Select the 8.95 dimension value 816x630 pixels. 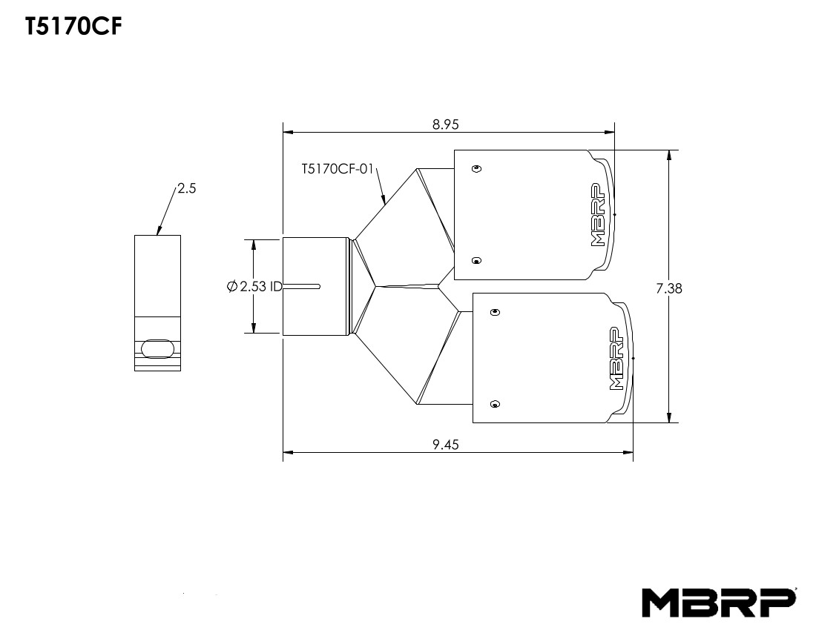coord(446,125)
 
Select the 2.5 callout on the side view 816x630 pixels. coord(187,189)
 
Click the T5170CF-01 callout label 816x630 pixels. coord(336,170)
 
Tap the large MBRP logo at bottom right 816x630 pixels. coord(719,602)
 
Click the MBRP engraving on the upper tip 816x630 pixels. coord(599,214)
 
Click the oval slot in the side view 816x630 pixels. coord(157,348)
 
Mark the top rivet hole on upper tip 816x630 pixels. coord(477,168)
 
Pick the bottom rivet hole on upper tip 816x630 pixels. coord(477,260)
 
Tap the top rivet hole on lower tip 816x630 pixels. coord(496,312)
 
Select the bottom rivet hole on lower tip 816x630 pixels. coord(496,404)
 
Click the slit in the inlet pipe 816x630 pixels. coord(302,286)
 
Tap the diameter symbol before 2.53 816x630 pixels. coord(232,286)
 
